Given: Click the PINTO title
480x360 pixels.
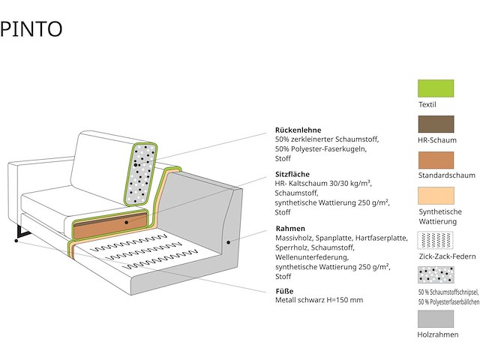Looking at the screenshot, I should tap(31, 29).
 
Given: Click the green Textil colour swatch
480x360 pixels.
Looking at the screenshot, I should tap(436, 89).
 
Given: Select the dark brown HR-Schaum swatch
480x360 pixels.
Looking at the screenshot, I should tap(436, 125).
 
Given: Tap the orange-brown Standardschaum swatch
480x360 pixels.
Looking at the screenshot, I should tap(436, 160).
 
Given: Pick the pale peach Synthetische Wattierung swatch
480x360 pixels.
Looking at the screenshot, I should tap(436, 196).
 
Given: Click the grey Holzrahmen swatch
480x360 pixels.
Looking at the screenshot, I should tap(436, 319).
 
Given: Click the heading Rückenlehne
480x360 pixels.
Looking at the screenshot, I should tap(298, 130).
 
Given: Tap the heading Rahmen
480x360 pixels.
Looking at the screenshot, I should tap(290, 228).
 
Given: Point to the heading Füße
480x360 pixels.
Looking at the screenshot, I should tap(284, 290).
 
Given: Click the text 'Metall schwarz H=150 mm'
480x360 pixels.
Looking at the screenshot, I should tap(319, 300).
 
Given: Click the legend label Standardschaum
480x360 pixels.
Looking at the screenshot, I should tap(447, 175).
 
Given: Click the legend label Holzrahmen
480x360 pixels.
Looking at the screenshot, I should tap(438, 334).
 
